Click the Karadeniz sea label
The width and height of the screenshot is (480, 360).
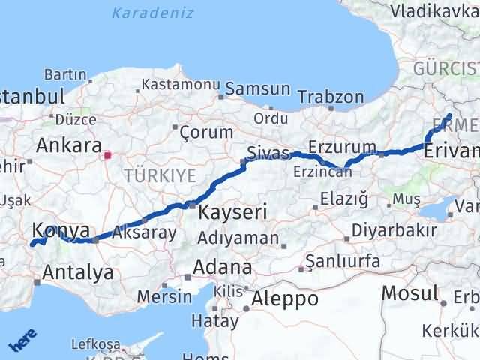(x=152, y=13)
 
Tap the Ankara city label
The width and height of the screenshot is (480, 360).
(x=68, y=145)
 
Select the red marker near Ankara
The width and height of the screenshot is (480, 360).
(x=107, y=156)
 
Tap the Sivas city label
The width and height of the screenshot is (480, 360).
(x=268, y=154)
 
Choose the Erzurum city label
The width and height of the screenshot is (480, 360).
(x=342, y=145)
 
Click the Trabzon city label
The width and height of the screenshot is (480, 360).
(x=331, y=97)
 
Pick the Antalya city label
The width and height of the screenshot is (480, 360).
(x=79, y=271)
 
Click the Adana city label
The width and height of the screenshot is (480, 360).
(x=222, y=267)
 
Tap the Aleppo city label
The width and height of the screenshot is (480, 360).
(x=285, y=298)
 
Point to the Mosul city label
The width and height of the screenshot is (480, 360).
(x=409, y=292)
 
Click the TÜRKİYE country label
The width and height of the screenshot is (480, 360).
(x=160, y=175)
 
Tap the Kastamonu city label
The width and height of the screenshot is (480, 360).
(x=180, y=84)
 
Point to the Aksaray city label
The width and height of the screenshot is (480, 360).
(x=145, y=233)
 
